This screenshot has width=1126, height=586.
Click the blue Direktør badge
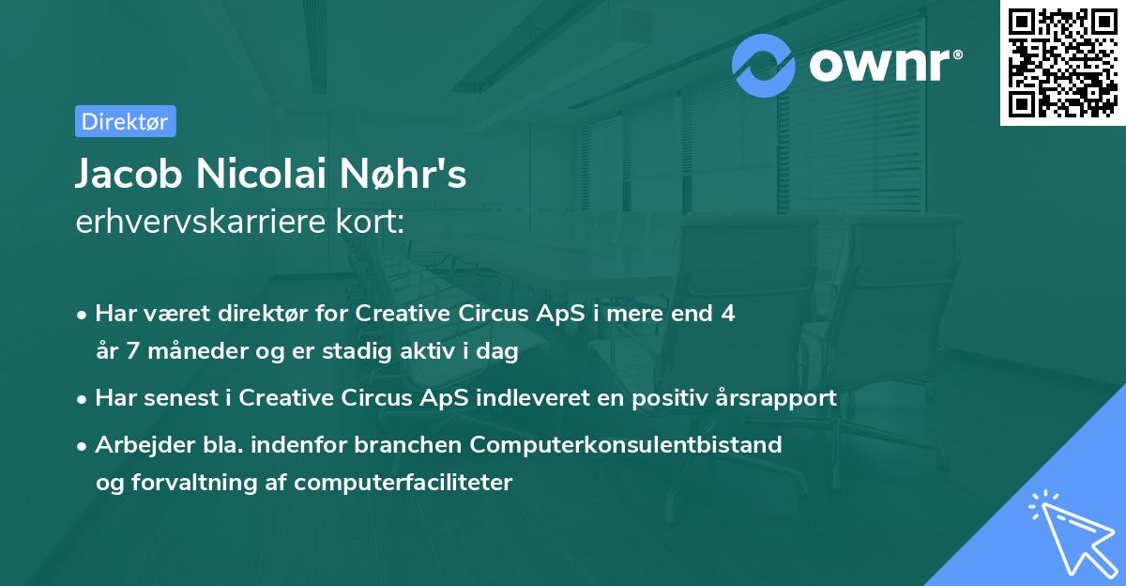(126, 121)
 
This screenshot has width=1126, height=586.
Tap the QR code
(1062, 62)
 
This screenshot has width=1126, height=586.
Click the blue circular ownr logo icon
(763, 66)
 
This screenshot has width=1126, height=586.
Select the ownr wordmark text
(886, 66)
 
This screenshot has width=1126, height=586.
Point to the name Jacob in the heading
(129, 174)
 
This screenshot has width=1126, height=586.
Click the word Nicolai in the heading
(262, 174)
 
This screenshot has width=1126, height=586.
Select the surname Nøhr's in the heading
(403, 174)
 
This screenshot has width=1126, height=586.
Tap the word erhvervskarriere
(200, 222)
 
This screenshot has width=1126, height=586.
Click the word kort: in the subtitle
(370, 222)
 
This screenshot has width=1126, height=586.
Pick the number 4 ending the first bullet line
(728, 314)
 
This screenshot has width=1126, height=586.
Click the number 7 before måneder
(132, 351)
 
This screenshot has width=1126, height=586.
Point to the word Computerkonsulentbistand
(626, 445)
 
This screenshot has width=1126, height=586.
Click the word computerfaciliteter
(403, 483)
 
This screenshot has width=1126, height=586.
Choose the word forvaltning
(194, 483)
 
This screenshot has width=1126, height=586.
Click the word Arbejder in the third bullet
(145, 445)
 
